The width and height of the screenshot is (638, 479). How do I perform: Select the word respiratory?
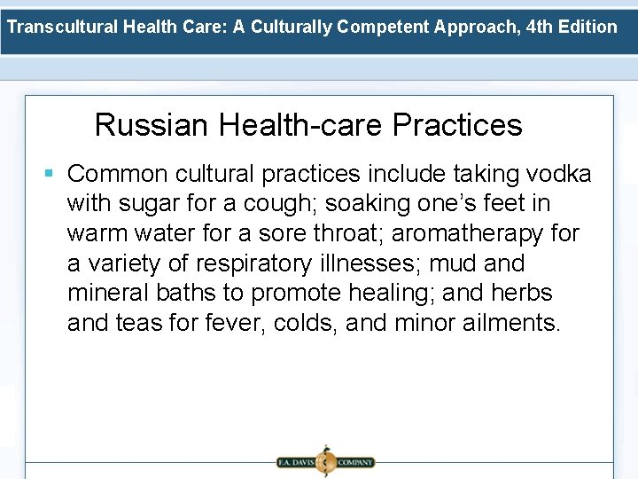[x=256, y=263]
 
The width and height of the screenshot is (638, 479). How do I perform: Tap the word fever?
[x=227, y=323]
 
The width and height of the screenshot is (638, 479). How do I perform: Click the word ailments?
[x=511, y=323]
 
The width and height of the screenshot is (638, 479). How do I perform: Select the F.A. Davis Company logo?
[x=324, y=461]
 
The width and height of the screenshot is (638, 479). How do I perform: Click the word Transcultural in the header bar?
[x=62, y=27]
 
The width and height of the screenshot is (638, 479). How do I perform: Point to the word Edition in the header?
[x=588, y=27]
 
